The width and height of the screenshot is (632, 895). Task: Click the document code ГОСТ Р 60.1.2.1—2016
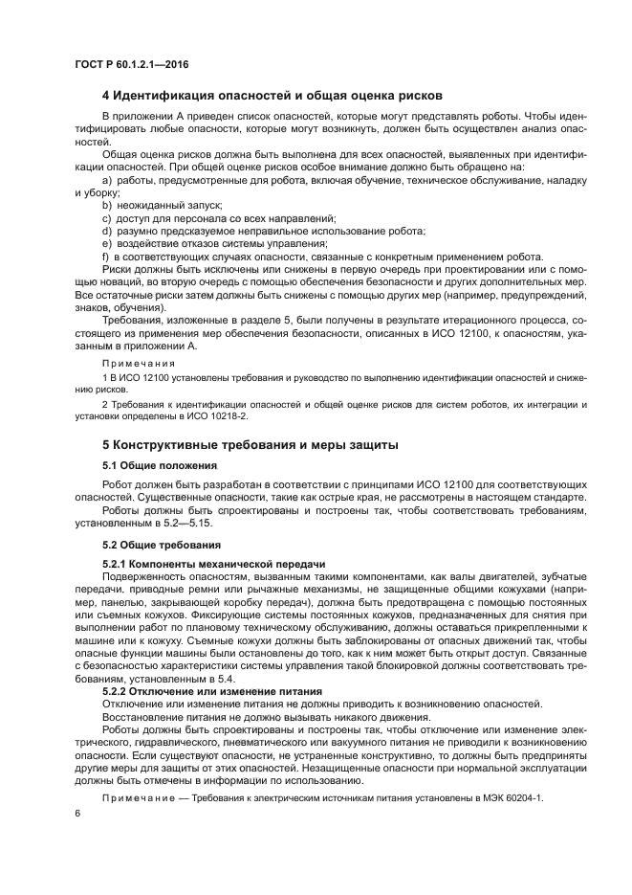(x=131, y=64)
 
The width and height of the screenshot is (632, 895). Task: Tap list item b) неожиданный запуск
(x=162, y=205)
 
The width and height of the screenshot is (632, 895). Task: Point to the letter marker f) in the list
(x=106, y=257)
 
